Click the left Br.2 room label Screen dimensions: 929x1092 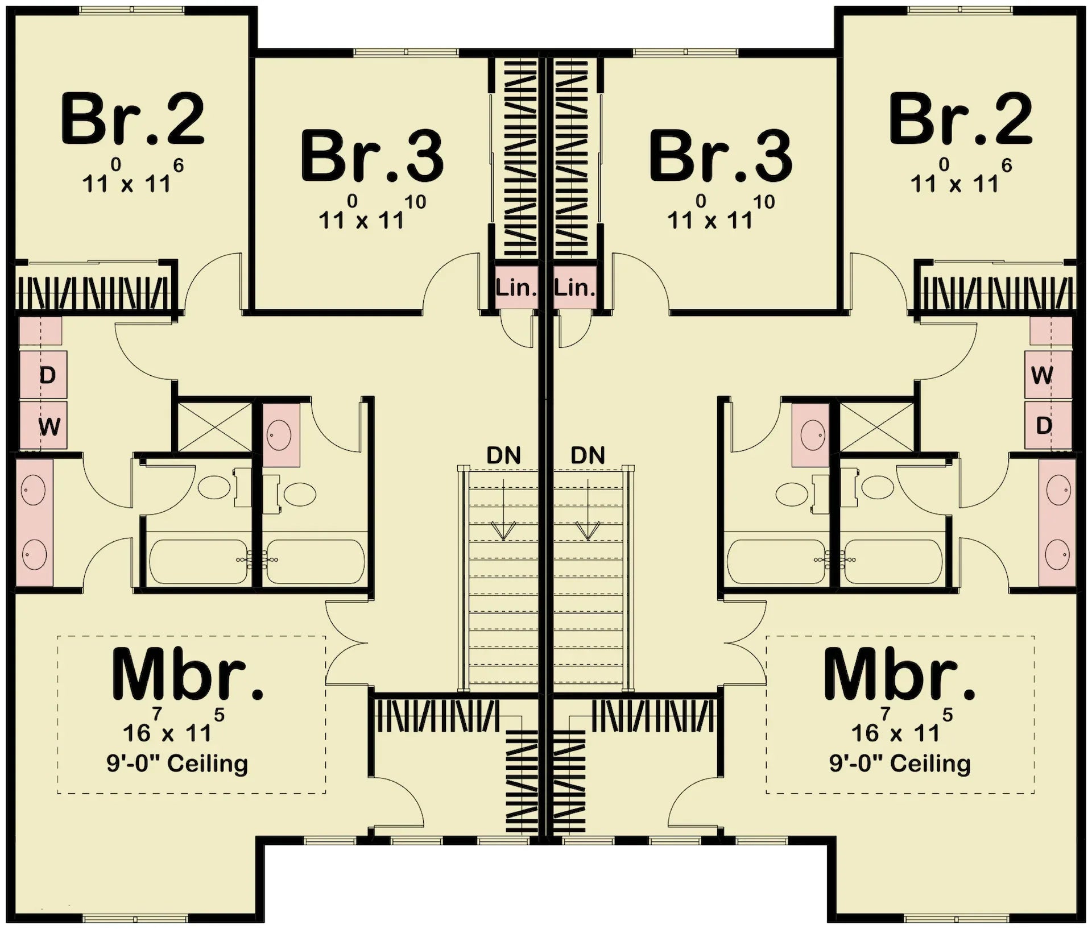click(132, 119)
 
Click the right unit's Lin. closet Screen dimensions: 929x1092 click(575, 288)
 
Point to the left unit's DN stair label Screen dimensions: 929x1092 click(503, 455)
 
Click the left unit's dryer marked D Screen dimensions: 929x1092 click(47, 375)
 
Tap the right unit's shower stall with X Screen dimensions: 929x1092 click(876, 426)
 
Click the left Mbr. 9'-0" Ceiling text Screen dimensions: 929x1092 click(177, 764)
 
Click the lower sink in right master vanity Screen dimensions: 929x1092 click(1058, 553)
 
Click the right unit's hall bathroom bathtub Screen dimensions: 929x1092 click(776, 561)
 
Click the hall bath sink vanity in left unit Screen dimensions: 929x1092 click(281, 435)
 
